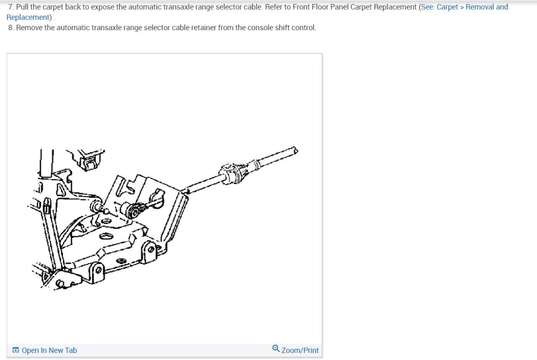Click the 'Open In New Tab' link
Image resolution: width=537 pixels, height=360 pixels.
pos(49,350)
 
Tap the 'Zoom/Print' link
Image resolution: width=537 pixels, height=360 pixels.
pos(300,350)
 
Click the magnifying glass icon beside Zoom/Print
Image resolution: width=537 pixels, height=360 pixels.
pos(276,349)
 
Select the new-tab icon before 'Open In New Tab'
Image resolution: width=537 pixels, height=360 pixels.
pos(16,350)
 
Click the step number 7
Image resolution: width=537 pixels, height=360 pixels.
pos(11,7)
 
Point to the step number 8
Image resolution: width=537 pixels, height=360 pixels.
pos(11,28)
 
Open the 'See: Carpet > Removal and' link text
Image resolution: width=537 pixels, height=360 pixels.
pos(464,7)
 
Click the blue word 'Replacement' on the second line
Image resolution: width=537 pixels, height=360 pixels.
pos(28,17)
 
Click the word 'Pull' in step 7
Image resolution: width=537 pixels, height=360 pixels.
pos(22,7)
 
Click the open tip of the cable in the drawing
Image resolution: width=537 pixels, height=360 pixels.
pos(296,151)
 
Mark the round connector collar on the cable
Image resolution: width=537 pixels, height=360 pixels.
pos(231,174)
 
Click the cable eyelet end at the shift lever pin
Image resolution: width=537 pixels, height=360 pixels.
pos(133,211)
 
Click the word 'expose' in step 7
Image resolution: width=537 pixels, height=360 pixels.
pos(102,8)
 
